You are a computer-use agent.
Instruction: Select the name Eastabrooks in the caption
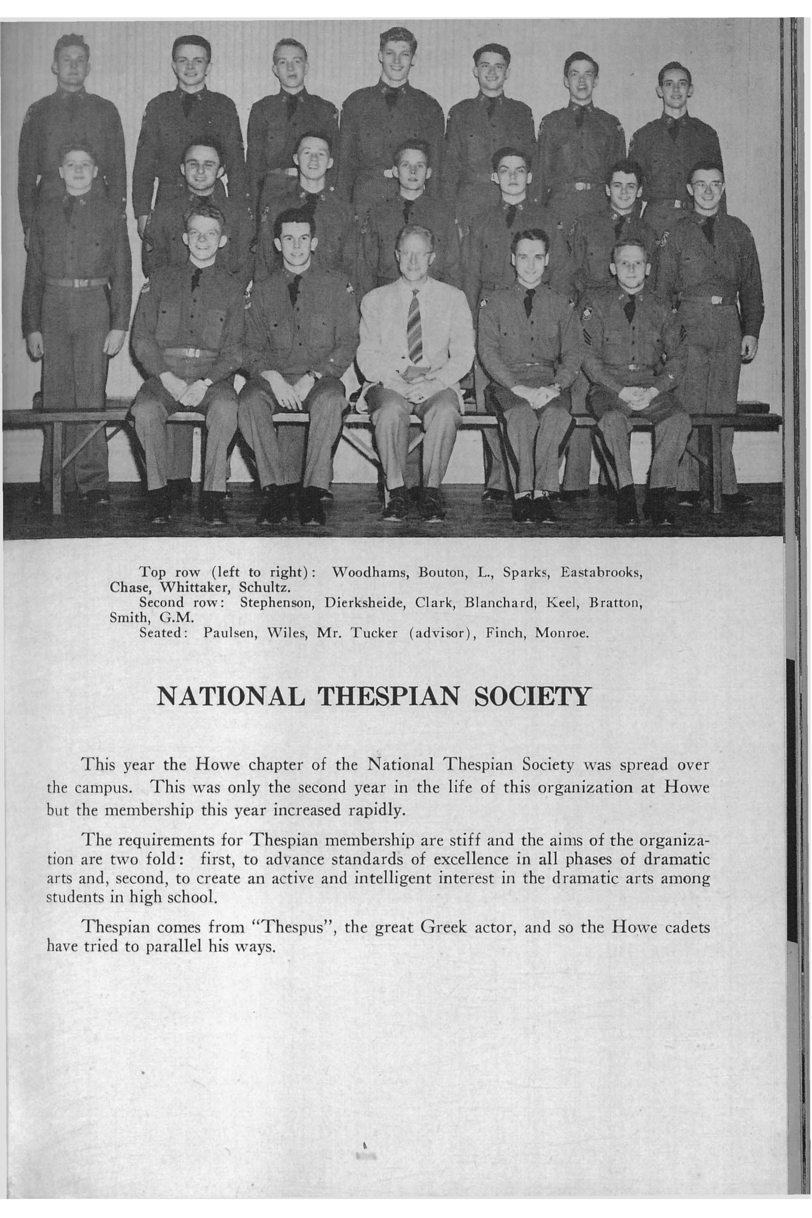[602, 573]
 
